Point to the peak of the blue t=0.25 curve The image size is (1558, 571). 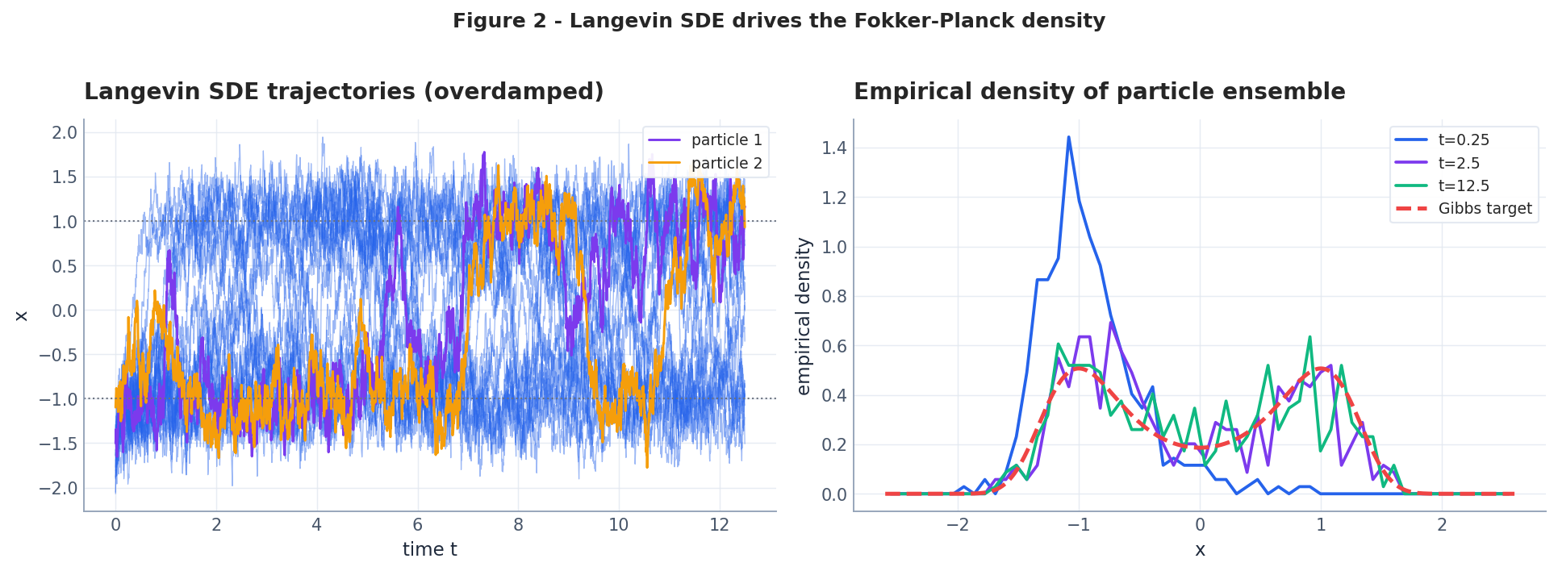click(x=1068, y=137)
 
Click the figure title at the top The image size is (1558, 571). click(x=779, y=21)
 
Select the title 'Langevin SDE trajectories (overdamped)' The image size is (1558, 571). click(x=344, y=92)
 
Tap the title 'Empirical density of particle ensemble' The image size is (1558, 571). click(x=1099, y=92)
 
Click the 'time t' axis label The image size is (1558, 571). click(x=429, y=550)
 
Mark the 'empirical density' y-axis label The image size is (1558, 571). click(x=804, y=316)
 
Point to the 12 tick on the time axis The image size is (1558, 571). click(x=719, y=525)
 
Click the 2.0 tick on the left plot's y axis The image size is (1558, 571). click(x=65, y=133)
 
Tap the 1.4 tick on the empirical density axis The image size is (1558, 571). click(x=833, y=148)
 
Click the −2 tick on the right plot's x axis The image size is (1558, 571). click(x=958, y=525)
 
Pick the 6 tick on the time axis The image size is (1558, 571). click(x=417, y=525)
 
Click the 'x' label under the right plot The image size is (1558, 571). click(x=1200, y=550)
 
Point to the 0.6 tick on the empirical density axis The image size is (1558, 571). click(x=833, y=346)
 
